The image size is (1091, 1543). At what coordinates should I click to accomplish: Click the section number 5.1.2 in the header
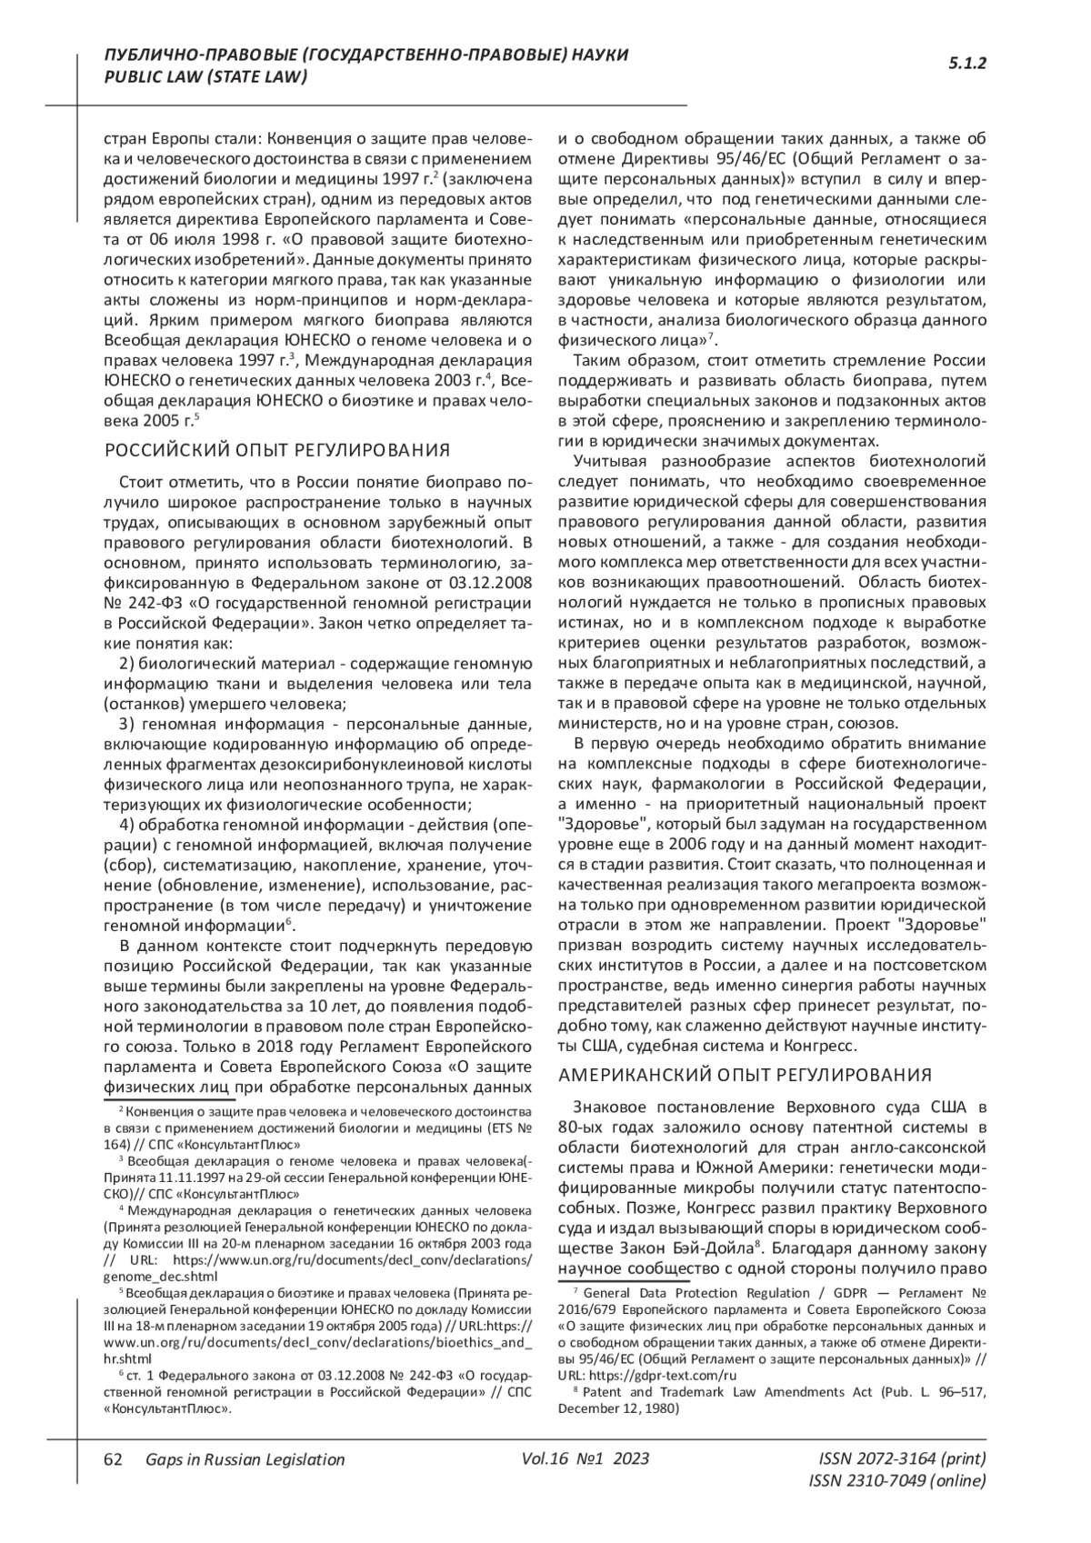coord(968,64)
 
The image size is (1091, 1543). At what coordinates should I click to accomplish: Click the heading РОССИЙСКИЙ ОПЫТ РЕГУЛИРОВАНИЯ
coord(278,449)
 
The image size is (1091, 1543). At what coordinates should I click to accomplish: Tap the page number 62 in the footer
coord(114,1459)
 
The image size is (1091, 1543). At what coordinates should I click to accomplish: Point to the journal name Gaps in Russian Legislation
coord(245,1459)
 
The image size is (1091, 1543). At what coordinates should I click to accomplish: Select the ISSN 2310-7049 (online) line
coord(896,1481)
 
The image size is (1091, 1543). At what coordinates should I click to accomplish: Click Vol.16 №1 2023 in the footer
coord(586,1459)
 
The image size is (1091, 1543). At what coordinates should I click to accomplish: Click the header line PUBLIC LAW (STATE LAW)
coord(206,77)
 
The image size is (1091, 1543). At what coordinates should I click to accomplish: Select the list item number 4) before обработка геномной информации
coord(128,825)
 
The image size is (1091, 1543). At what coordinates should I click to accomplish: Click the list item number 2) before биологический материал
coord(128,662)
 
